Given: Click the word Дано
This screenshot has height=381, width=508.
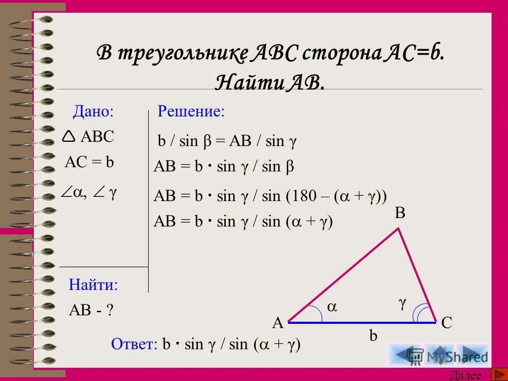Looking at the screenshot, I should point(93,111).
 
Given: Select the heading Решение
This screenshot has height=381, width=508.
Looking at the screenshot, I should point(191,111).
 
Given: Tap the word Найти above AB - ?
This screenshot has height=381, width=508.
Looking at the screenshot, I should point(93,285).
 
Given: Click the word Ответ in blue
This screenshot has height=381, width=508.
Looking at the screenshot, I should point(134,344).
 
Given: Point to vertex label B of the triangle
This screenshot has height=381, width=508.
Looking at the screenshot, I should point(400,213).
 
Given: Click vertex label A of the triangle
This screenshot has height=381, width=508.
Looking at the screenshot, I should point(278,322).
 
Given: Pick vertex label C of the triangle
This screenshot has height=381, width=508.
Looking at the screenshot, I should point(447,322).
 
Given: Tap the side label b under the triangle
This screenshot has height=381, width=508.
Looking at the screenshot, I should point(374,336).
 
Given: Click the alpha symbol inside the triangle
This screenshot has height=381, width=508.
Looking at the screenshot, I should point(332,306).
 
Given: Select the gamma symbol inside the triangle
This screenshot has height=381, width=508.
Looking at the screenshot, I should point(403,303).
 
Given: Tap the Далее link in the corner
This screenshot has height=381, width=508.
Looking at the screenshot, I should point(466,376).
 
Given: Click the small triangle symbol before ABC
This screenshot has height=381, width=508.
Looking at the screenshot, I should point(69,137).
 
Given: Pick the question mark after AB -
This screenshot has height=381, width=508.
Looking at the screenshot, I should point(110,311).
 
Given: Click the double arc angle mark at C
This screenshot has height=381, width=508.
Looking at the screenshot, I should point(423,314).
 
